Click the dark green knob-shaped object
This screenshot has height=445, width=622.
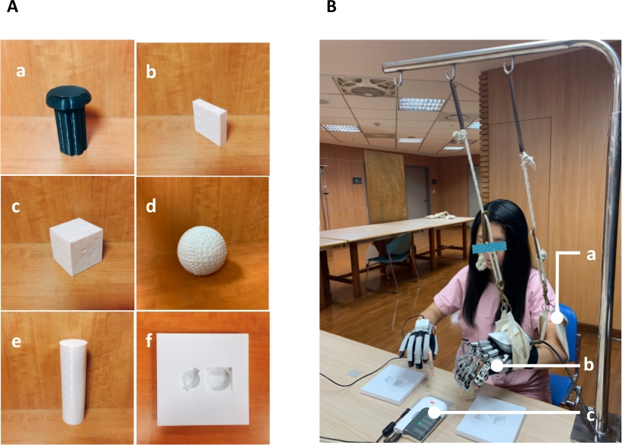69,119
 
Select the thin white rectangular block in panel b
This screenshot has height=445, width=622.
210,122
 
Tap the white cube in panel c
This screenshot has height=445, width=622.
76,246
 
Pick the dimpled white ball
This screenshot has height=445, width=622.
202,251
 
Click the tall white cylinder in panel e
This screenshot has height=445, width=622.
74,381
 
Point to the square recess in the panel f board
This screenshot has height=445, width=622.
219,379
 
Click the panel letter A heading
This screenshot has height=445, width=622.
12,6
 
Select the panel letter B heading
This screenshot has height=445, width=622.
331,6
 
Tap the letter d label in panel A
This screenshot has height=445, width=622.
151,206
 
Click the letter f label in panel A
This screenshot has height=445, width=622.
149,340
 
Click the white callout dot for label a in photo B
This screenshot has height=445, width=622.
558,318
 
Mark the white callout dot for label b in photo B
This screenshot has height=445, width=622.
497,365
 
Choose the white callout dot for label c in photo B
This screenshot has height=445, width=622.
435,412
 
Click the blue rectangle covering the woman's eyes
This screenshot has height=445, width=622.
489,247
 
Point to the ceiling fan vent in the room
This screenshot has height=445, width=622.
366,86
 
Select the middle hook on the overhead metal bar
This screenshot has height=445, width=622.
451,73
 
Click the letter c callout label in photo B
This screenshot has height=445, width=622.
590,416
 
